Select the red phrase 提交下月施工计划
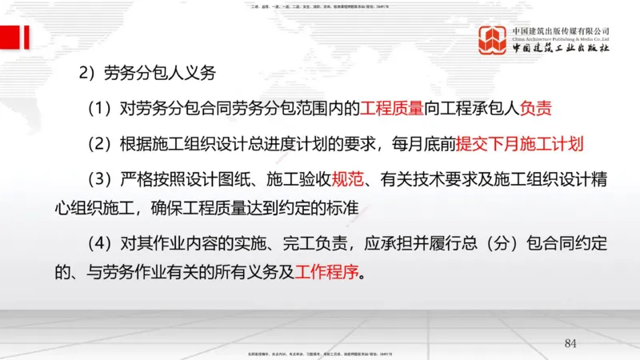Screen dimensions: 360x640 (x=520, y=145)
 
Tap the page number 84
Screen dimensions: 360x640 (x=570, y=344)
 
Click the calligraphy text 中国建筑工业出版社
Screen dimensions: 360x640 (x=561, y=47)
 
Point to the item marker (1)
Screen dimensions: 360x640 (x=100, y=109)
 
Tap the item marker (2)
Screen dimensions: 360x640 (x=100, y=145)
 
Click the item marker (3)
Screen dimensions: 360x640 (x=100, y=180)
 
